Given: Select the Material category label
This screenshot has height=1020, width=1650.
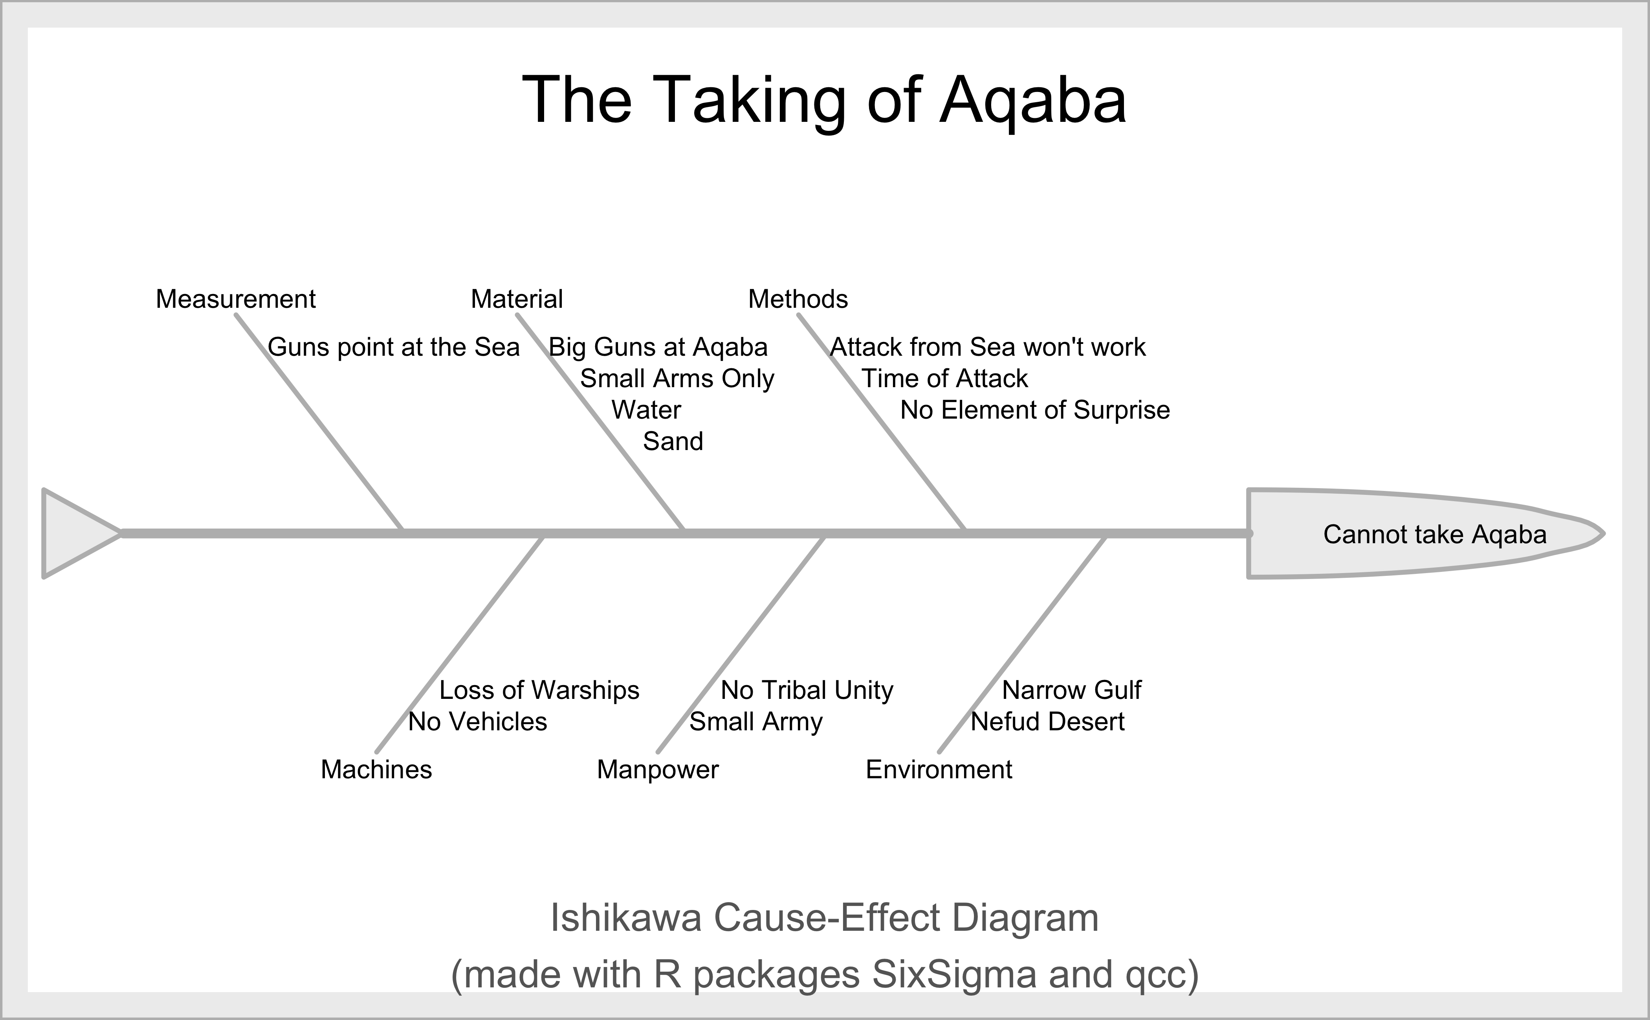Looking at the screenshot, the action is click(517, 299).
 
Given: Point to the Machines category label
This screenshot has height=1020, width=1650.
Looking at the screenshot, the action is click(376, 769).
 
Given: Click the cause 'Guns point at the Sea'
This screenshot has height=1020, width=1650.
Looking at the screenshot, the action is click(394, 347).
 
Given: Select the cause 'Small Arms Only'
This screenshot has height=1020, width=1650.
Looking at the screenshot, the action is click(677, 379).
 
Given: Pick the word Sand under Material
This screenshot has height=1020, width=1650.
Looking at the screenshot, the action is click(673, 441).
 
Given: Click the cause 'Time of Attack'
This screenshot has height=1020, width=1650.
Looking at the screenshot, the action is click(945, 379).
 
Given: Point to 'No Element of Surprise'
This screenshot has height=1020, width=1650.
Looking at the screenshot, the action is click(1035, 410).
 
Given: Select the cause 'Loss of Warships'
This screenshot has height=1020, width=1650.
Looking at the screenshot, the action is click(539, 690).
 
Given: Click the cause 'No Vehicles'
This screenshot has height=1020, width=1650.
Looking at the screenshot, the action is click(477, 722).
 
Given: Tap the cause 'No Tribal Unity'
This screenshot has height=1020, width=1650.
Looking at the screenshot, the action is click(807, 690).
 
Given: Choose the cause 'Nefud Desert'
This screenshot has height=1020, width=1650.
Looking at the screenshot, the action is click(1047, 722).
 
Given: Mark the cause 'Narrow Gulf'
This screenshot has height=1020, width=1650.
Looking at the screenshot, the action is click(1071, 690).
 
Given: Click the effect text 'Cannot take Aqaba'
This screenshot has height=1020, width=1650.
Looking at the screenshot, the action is click(1435, 534).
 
